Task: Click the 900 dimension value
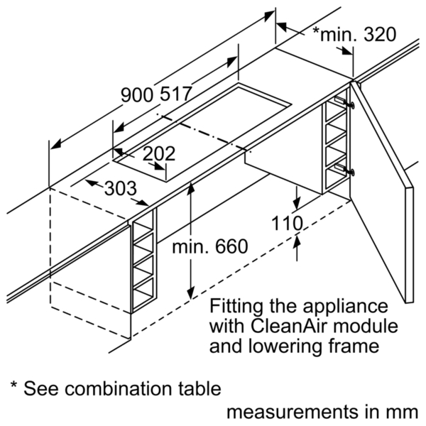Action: (138, 95)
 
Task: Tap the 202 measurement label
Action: (159, 154)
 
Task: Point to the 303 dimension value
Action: (121, 188)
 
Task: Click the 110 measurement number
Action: (287, 224)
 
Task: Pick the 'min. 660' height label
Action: (210, 246)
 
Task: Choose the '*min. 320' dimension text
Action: (354, 34)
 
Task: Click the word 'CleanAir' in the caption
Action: (288, 326)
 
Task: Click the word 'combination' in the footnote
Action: (121, 389)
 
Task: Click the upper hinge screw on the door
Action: (351, 104)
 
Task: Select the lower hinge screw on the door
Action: (351, 172)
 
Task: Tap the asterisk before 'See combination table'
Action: (14, 385)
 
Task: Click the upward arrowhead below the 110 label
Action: (297, 241)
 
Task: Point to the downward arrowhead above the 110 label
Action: (296, 203)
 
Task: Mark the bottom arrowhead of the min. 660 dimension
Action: (191, 293)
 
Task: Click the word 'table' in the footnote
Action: (200, 389)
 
